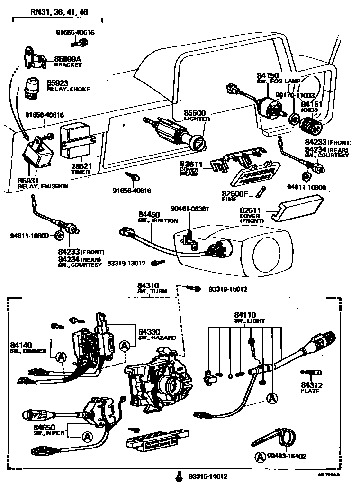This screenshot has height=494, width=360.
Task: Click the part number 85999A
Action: click(68, 59)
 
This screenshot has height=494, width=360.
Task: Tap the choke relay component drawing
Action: click(34, 85)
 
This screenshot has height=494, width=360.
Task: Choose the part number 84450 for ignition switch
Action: click(149, 215)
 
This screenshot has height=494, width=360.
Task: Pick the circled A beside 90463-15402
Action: click(260, 457)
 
